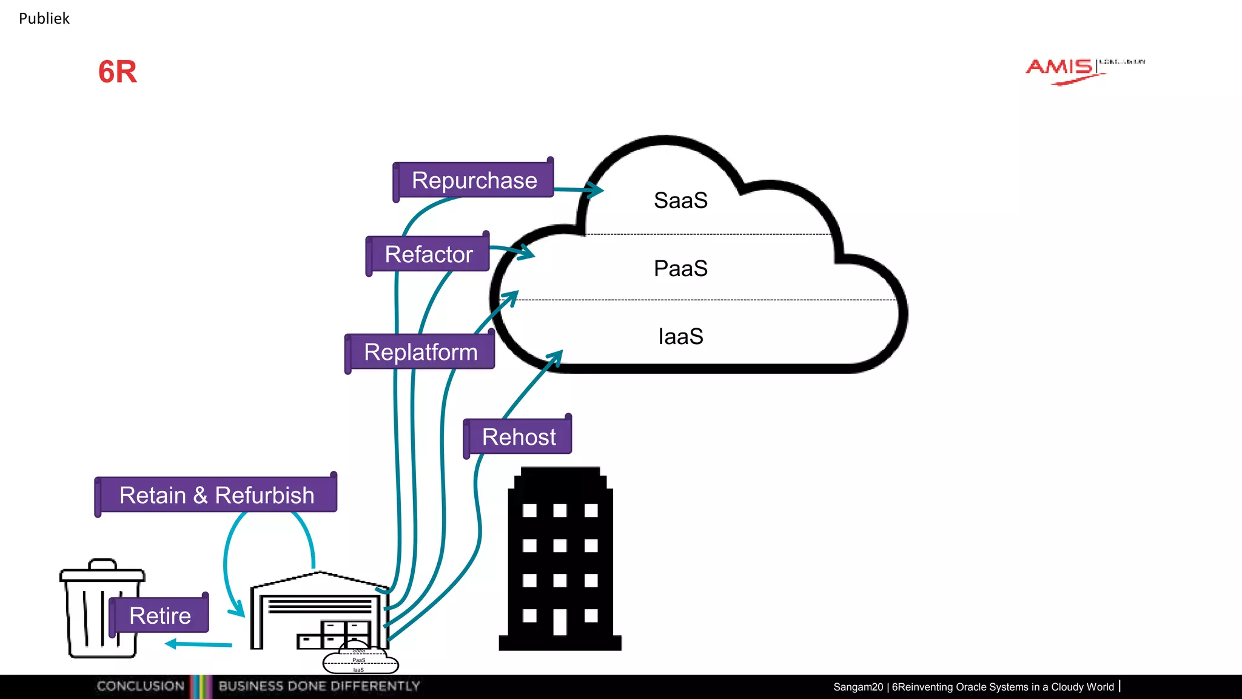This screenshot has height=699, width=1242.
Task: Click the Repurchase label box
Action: tap(474, 180)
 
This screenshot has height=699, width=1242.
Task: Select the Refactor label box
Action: tap(428, 254)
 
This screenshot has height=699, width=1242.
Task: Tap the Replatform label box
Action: tap(420, 352)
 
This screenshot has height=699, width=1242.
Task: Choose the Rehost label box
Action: tap(519, 437)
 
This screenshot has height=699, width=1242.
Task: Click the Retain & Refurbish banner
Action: tap(217, 495)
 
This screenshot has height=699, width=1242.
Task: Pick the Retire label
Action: tap(159, 615)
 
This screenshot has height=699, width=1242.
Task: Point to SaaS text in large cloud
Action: tap(680, 200)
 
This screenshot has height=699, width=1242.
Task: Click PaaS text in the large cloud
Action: tap(680, 268)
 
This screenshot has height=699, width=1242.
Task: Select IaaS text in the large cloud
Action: tap(680, 336)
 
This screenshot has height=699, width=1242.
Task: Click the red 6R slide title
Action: tap(118, 72)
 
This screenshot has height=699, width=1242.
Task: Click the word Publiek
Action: tap(44, 19)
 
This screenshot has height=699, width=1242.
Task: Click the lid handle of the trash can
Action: tap(102, 564)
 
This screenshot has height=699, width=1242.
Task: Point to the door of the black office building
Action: tap(560, 621)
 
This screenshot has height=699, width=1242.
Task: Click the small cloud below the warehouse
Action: tap(360, 661)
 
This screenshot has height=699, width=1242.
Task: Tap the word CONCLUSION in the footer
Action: tap(141, 686)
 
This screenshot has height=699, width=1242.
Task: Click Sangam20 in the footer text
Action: tap(858, 687)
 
